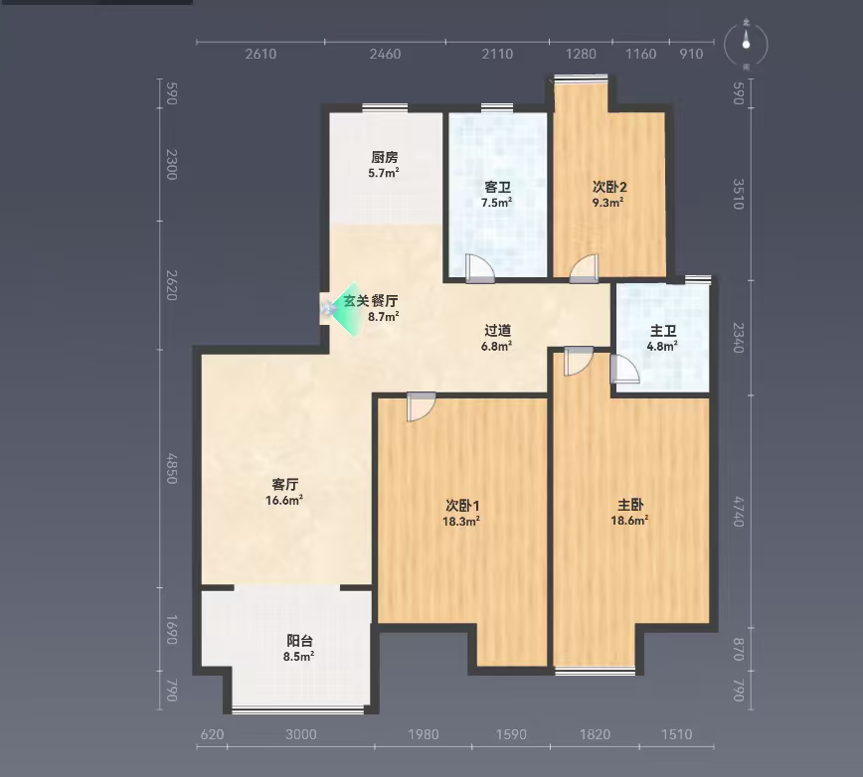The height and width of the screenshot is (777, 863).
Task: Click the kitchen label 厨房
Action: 384,157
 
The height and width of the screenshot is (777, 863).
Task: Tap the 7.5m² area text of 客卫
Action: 496,203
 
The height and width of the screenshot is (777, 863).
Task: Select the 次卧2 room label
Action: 609,187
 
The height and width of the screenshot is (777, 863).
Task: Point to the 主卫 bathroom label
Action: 662,331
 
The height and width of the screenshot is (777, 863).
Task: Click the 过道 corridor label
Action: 497,330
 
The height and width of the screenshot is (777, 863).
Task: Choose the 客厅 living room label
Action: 284,485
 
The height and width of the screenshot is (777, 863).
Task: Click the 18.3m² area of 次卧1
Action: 461,522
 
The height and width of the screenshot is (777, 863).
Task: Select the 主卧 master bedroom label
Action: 630,505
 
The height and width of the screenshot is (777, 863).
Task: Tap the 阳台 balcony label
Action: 299,641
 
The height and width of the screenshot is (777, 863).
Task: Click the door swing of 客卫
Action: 479,269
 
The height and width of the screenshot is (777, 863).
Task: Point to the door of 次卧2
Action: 584,269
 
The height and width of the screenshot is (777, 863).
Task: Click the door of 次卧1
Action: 421,406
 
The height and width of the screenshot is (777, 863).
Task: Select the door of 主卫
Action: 624,369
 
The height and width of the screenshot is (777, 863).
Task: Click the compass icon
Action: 746,44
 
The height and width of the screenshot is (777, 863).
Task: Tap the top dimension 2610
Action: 260,54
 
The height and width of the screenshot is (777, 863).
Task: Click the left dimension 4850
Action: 172,469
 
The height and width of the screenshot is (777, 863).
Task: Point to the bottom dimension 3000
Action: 301,734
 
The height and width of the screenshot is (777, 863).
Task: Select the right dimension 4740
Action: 739,512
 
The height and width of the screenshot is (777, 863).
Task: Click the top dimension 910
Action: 691,54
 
